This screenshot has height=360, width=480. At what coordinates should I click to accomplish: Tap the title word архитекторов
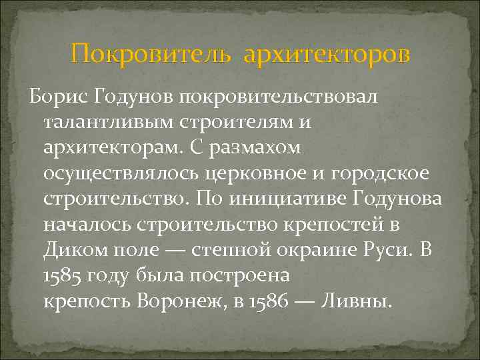tap(327, 53)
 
